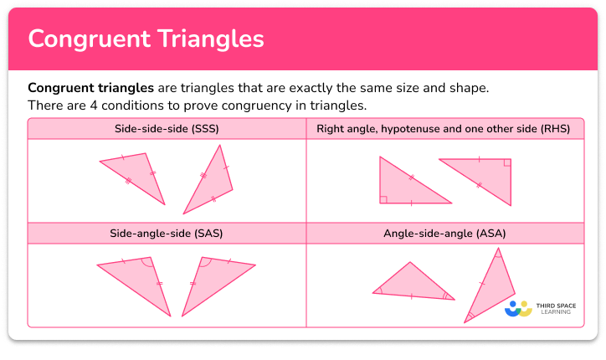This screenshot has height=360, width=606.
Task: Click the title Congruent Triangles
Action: [146, 39]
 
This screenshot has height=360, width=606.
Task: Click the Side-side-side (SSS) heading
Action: [167, 129]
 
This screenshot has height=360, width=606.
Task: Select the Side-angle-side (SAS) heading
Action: [167, 232]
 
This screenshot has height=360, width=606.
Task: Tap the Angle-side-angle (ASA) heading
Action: [444, 232]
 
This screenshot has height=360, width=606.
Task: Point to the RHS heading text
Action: [444, 129]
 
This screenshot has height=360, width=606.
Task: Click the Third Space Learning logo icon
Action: [519, 309]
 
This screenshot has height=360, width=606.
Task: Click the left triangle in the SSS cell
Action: [138, 173]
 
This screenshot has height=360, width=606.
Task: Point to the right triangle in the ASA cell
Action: [490, 289]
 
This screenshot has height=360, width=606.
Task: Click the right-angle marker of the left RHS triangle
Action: [383, 199]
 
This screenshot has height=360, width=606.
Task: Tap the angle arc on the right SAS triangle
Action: [205, 263]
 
